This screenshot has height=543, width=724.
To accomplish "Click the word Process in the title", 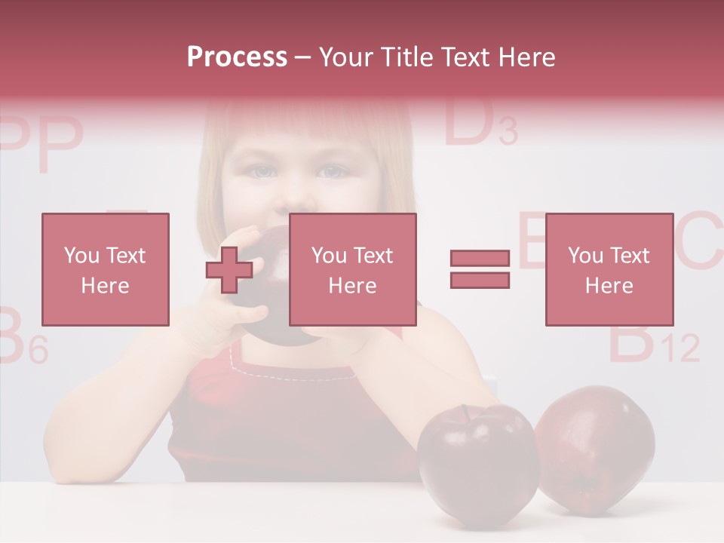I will pos(237,57).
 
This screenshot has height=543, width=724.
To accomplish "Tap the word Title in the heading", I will pos(407,57).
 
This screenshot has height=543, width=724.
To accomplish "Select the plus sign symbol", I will pos(229,270).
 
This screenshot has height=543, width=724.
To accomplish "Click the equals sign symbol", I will pos(480,269).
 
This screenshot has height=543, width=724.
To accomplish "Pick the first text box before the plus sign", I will pos(105,269).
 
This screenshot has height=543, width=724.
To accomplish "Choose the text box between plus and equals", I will pos(352,269).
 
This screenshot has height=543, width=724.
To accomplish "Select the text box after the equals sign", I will pos(609,269).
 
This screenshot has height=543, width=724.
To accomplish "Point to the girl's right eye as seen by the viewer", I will pos(331,173).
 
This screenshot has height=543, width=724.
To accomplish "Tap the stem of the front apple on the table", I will pos(466,412).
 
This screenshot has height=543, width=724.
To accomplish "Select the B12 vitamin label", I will pos(653,343).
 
